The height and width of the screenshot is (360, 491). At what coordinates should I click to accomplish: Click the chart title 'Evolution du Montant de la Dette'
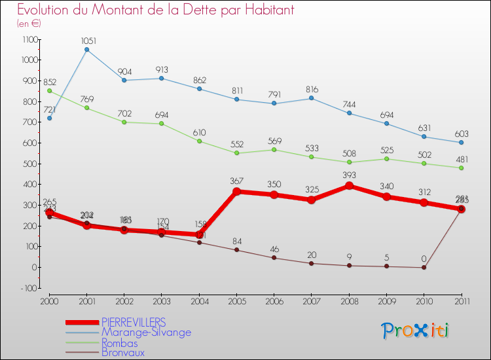(156, 10)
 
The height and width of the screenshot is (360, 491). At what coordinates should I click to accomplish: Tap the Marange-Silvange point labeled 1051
(86, 50)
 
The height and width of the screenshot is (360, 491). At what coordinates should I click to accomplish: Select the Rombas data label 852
(49, 82)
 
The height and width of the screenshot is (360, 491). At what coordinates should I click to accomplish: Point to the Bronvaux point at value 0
(424, 267)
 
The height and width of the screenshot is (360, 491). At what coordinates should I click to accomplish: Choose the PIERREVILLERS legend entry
(133, 322)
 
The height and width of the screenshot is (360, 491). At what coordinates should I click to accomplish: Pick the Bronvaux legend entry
(122, 353)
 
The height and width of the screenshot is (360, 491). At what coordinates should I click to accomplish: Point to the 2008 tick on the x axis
(349, 301)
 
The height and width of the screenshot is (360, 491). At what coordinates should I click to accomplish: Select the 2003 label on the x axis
(162, 301)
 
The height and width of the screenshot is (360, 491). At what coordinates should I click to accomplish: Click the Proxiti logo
(416, 331)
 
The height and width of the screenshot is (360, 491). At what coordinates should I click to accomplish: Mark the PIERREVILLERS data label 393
(349, 175)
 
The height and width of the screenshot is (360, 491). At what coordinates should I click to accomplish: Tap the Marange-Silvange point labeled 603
(461, 143)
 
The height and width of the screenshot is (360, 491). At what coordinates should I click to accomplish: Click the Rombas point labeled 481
(461, 168)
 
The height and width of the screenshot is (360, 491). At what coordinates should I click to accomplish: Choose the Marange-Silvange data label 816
(312, 88)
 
